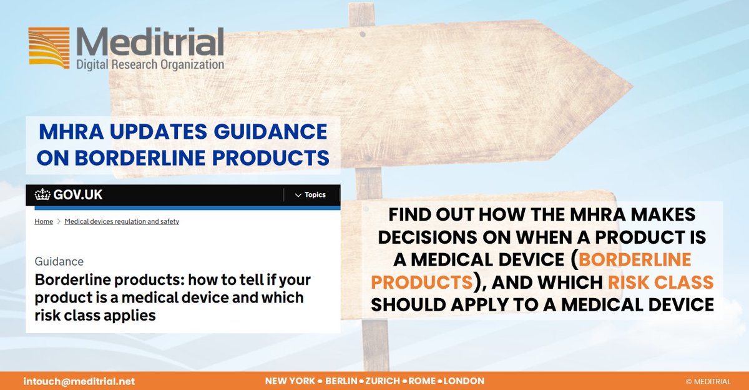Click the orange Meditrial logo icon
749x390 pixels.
[49, 47]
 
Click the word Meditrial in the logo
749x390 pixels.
[149, 42]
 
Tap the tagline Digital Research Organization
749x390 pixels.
[149, 64]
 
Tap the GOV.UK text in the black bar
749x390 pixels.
[78, 195]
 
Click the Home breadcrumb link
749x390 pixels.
[44, 221]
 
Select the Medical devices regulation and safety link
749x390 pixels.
[122, 221]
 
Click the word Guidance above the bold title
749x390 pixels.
[59, 261]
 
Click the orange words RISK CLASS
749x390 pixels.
[662, 282]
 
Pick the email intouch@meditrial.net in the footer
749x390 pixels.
[79, 381]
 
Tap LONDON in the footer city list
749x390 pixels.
[464, 381]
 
